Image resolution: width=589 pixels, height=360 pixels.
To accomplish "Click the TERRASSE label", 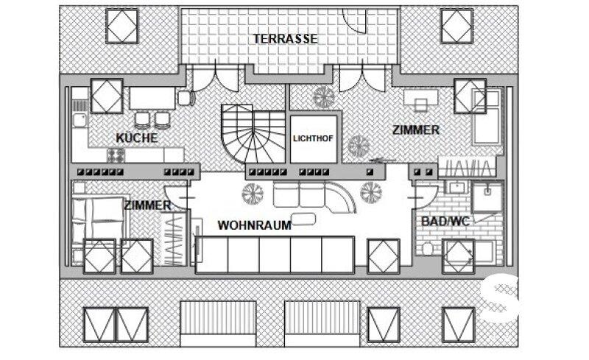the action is [285, 39].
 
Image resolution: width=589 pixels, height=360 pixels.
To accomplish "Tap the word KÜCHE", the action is [137, 138].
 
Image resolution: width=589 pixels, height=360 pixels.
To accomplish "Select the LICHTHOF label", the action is [313, 138].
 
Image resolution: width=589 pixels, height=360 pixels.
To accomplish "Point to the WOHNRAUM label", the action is [254, 225].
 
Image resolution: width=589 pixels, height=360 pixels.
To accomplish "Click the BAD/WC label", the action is [445, 222].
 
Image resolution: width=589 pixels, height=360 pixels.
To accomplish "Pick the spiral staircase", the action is [253, 133].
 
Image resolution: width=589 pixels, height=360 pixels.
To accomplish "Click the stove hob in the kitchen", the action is [116, 155].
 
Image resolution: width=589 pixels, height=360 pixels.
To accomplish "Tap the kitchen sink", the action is [80, 120].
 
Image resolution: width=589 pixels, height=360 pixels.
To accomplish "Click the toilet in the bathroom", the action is [428, 248].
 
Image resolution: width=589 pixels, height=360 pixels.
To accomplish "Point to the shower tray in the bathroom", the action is [487, 198].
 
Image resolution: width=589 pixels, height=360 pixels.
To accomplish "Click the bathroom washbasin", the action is [456, 187].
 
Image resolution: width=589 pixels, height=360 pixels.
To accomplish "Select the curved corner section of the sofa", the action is [341, 197].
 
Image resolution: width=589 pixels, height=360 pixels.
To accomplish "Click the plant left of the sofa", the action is [253, 194].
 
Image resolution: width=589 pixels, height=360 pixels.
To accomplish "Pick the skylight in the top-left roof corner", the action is [122, 27].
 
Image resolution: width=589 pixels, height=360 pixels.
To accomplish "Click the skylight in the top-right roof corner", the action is [456, 27].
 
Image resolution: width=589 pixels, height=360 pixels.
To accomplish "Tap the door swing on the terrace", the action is [355, 22].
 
